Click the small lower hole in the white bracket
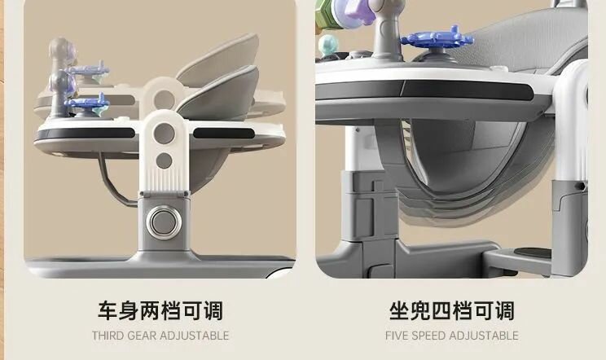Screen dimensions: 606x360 tap(164, 160)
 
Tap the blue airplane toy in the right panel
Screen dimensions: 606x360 tap(437, 37)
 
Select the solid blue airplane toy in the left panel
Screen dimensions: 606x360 tap(86, 103)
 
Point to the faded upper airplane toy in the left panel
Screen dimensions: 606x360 tap(87, 70)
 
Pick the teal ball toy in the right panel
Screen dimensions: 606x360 tap(328, 46)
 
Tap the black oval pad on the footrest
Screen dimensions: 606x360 tap(534, 253)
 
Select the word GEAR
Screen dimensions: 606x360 tap(142, 336)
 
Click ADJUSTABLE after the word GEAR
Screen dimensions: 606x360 tap(195, 336)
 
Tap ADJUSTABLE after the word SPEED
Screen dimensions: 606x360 tap(484, 336)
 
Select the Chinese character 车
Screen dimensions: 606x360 tap(108, 311)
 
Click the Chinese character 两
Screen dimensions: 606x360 tap(150, 311)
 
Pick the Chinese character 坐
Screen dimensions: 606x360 tap(399, 311)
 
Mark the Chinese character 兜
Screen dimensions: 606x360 tap(419, 311)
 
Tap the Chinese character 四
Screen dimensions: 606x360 tap(441, 311)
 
